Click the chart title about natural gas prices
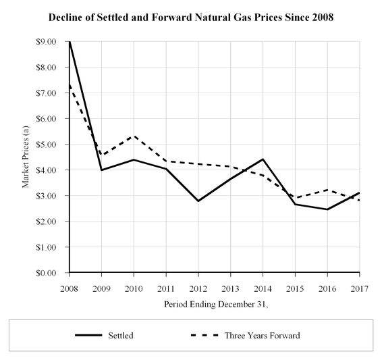(x=191, y=16)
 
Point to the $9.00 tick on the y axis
(x=52, y=42)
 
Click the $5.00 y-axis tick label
(x=52, y=145)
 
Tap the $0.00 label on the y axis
(x=52, y=273)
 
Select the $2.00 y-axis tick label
(x=52, y=222)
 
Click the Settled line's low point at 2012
(x=198, y=201)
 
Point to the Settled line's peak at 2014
(x=263, y=159)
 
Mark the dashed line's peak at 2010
(x=134, y=136)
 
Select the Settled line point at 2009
(x=101, y=170)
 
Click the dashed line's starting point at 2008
(x=69, y=85)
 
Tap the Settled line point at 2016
(x=327, y=209)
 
